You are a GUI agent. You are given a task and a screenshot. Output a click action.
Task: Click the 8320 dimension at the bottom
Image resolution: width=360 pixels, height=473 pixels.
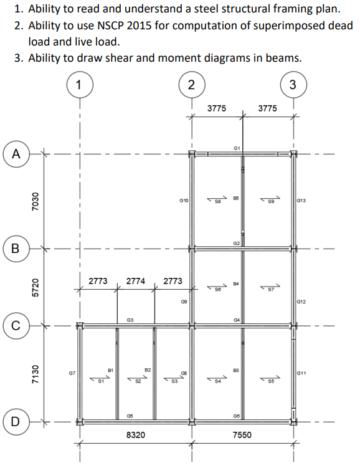(x=136, y=434)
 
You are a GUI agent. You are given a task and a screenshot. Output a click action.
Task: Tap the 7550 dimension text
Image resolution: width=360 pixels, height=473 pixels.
(x=242, y=434)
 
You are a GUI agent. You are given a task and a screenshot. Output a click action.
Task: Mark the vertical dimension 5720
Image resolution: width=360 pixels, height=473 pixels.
(x=36, y=287)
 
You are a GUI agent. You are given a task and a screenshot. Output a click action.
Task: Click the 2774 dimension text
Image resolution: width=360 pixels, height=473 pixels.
(x=136, y=281)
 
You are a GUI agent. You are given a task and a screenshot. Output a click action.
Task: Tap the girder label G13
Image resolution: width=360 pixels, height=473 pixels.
(x=302, y=201)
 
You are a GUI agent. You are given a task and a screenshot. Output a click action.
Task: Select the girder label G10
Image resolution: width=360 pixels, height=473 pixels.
(x=184, y=201)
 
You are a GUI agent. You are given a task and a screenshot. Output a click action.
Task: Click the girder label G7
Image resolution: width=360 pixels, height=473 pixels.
(x=72, y=373)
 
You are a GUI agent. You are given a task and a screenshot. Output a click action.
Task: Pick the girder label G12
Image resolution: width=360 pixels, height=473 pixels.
(x=302, y=302)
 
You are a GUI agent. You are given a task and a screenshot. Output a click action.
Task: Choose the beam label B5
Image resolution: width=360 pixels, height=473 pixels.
(x=236, y=197)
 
